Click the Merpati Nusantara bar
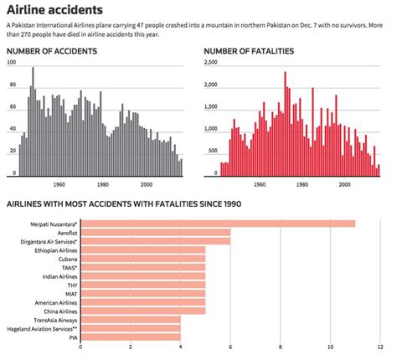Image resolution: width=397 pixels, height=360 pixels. [218, 224]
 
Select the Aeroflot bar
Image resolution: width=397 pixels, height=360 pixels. [156, 233]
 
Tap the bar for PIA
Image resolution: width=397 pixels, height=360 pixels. [131, 337]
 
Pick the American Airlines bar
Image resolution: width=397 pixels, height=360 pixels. [143, 302]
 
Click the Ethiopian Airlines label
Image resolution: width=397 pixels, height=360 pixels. [56, 250]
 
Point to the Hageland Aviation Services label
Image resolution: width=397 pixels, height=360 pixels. [42, 329]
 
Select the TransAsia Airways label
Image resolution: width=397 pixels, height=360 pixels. [55, 320]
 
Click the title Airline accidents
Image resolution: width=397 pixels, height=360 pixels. [54, 10]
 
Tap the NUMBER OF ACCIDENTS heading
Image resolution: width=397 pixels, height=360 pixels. [52, 51]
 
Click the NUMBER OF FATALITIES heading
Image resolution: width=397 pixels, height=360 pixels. [249, 51]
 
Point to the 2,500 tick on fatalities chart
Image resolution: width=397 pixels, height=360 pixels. [211, 62]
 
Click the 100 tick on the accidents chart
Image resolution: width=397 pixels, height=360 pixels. [12, 62]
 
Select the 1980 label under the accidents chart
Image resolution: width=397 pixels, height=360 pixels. [103, 185]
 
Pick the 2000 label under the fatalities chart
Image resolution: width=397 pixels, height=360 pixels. [344, 185]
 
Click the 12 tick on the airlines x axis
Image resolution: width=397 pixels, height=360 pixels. [380, 347]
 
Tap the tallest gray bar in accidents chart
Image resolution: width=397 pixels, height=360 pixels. [33, 121]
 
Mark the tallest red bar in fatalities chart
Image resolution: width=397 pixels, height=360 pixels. [285, 124]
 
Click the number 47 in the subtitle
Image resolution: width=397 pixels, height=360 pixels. [140, 25]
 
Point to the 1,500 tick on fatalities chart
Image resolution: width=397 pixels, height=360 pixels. [211, 106]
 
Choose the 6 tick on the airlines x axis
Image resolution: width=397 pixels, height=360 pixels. [230, 347]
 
